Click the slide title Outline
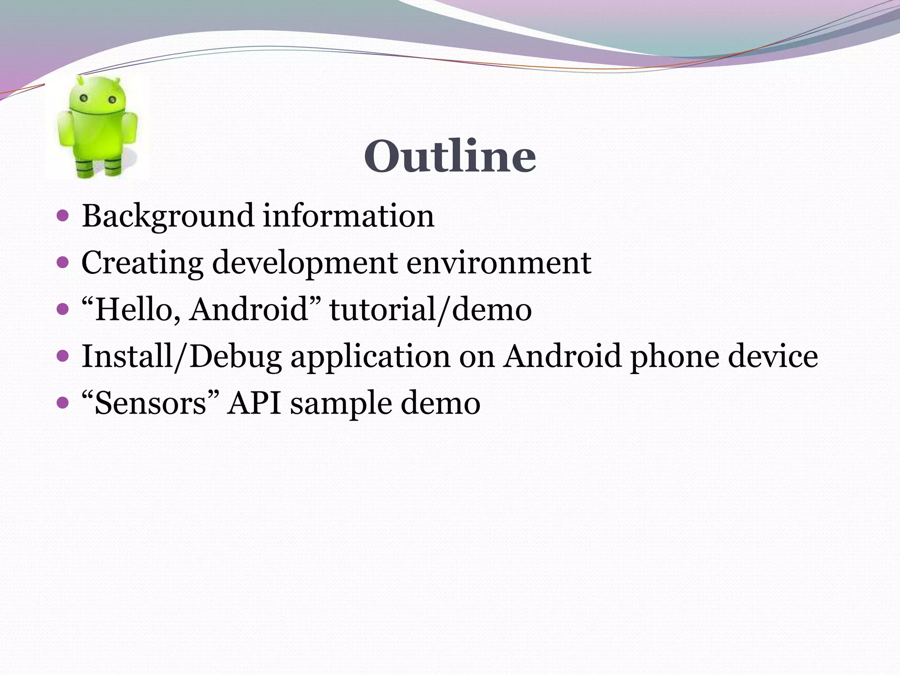click(x=450, y=156)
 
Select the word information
click(x=348, y=216)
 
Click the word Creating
click(x=142, y=263)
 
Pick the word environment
click(x=498, y=263)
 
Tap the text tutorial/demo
click(x=431, y=310)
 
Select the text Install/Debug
click(x=181, y=356)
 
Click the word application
click(x=370, y=356)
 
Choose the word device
click(x=773, y=356)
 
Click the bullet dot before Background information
click(x=63, y=216)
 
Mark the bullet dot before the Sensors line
click(x=63, y=402)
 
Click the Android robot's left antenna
click(x=80, y=80)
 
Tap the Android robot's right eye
click(x=112, y=100)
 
